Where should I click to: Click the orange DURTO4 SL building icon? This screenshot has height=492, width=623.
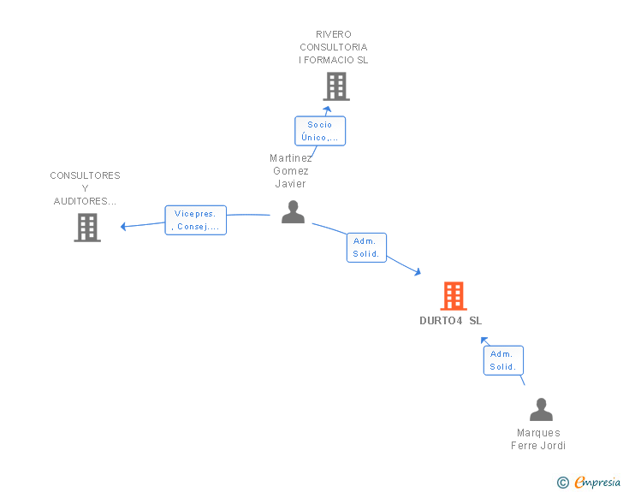point(454,296)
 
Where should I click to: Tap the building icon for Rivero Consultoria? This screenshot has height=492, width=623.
point(336,86)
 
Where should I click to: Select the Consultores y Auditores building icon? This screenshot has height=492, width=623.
point(87,228)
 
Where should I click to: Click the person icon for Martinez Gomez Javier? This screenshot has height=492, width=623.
point(294,212)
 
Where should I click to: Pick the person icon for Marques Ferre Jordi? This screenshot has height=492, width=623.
point(541,409)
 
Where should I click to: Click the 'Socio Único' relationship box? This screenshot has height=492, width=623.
point(320,131)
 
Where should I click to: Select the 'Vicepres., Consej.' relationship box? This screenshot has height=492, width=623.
point(195,220)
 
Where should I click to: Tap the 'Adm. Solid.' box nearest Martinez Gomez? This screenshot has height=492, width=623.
point(366,247)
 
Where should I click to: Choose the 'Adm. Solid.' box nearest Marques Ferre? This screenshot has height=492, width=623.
point(503,360)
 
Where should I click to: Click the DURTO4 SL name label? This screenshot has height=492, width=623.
point(450,321)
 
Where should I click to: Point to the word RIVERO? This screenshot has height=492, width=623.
point(334,34)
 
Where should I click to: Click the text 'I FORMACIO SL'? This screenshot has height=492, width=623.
point(334,60)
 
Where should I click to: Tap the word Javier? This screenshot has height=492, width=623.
point(290,184)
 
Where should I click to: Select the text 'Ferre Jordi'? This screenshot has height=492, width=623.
point(538,446)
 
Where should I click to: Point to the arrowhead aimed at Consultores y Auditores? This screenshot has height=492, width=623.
point(123,227)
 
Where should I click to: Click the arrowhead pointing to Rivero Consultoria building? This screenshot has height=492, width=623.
point(327,110)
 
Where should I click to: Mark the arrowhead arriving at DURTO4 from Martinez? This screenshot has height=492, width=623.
point(418,272)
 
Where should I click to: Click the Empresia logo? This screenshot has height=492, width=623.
point(597,482)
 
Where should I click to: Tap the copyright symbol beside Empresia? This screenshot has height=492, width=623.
point(562,483)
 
